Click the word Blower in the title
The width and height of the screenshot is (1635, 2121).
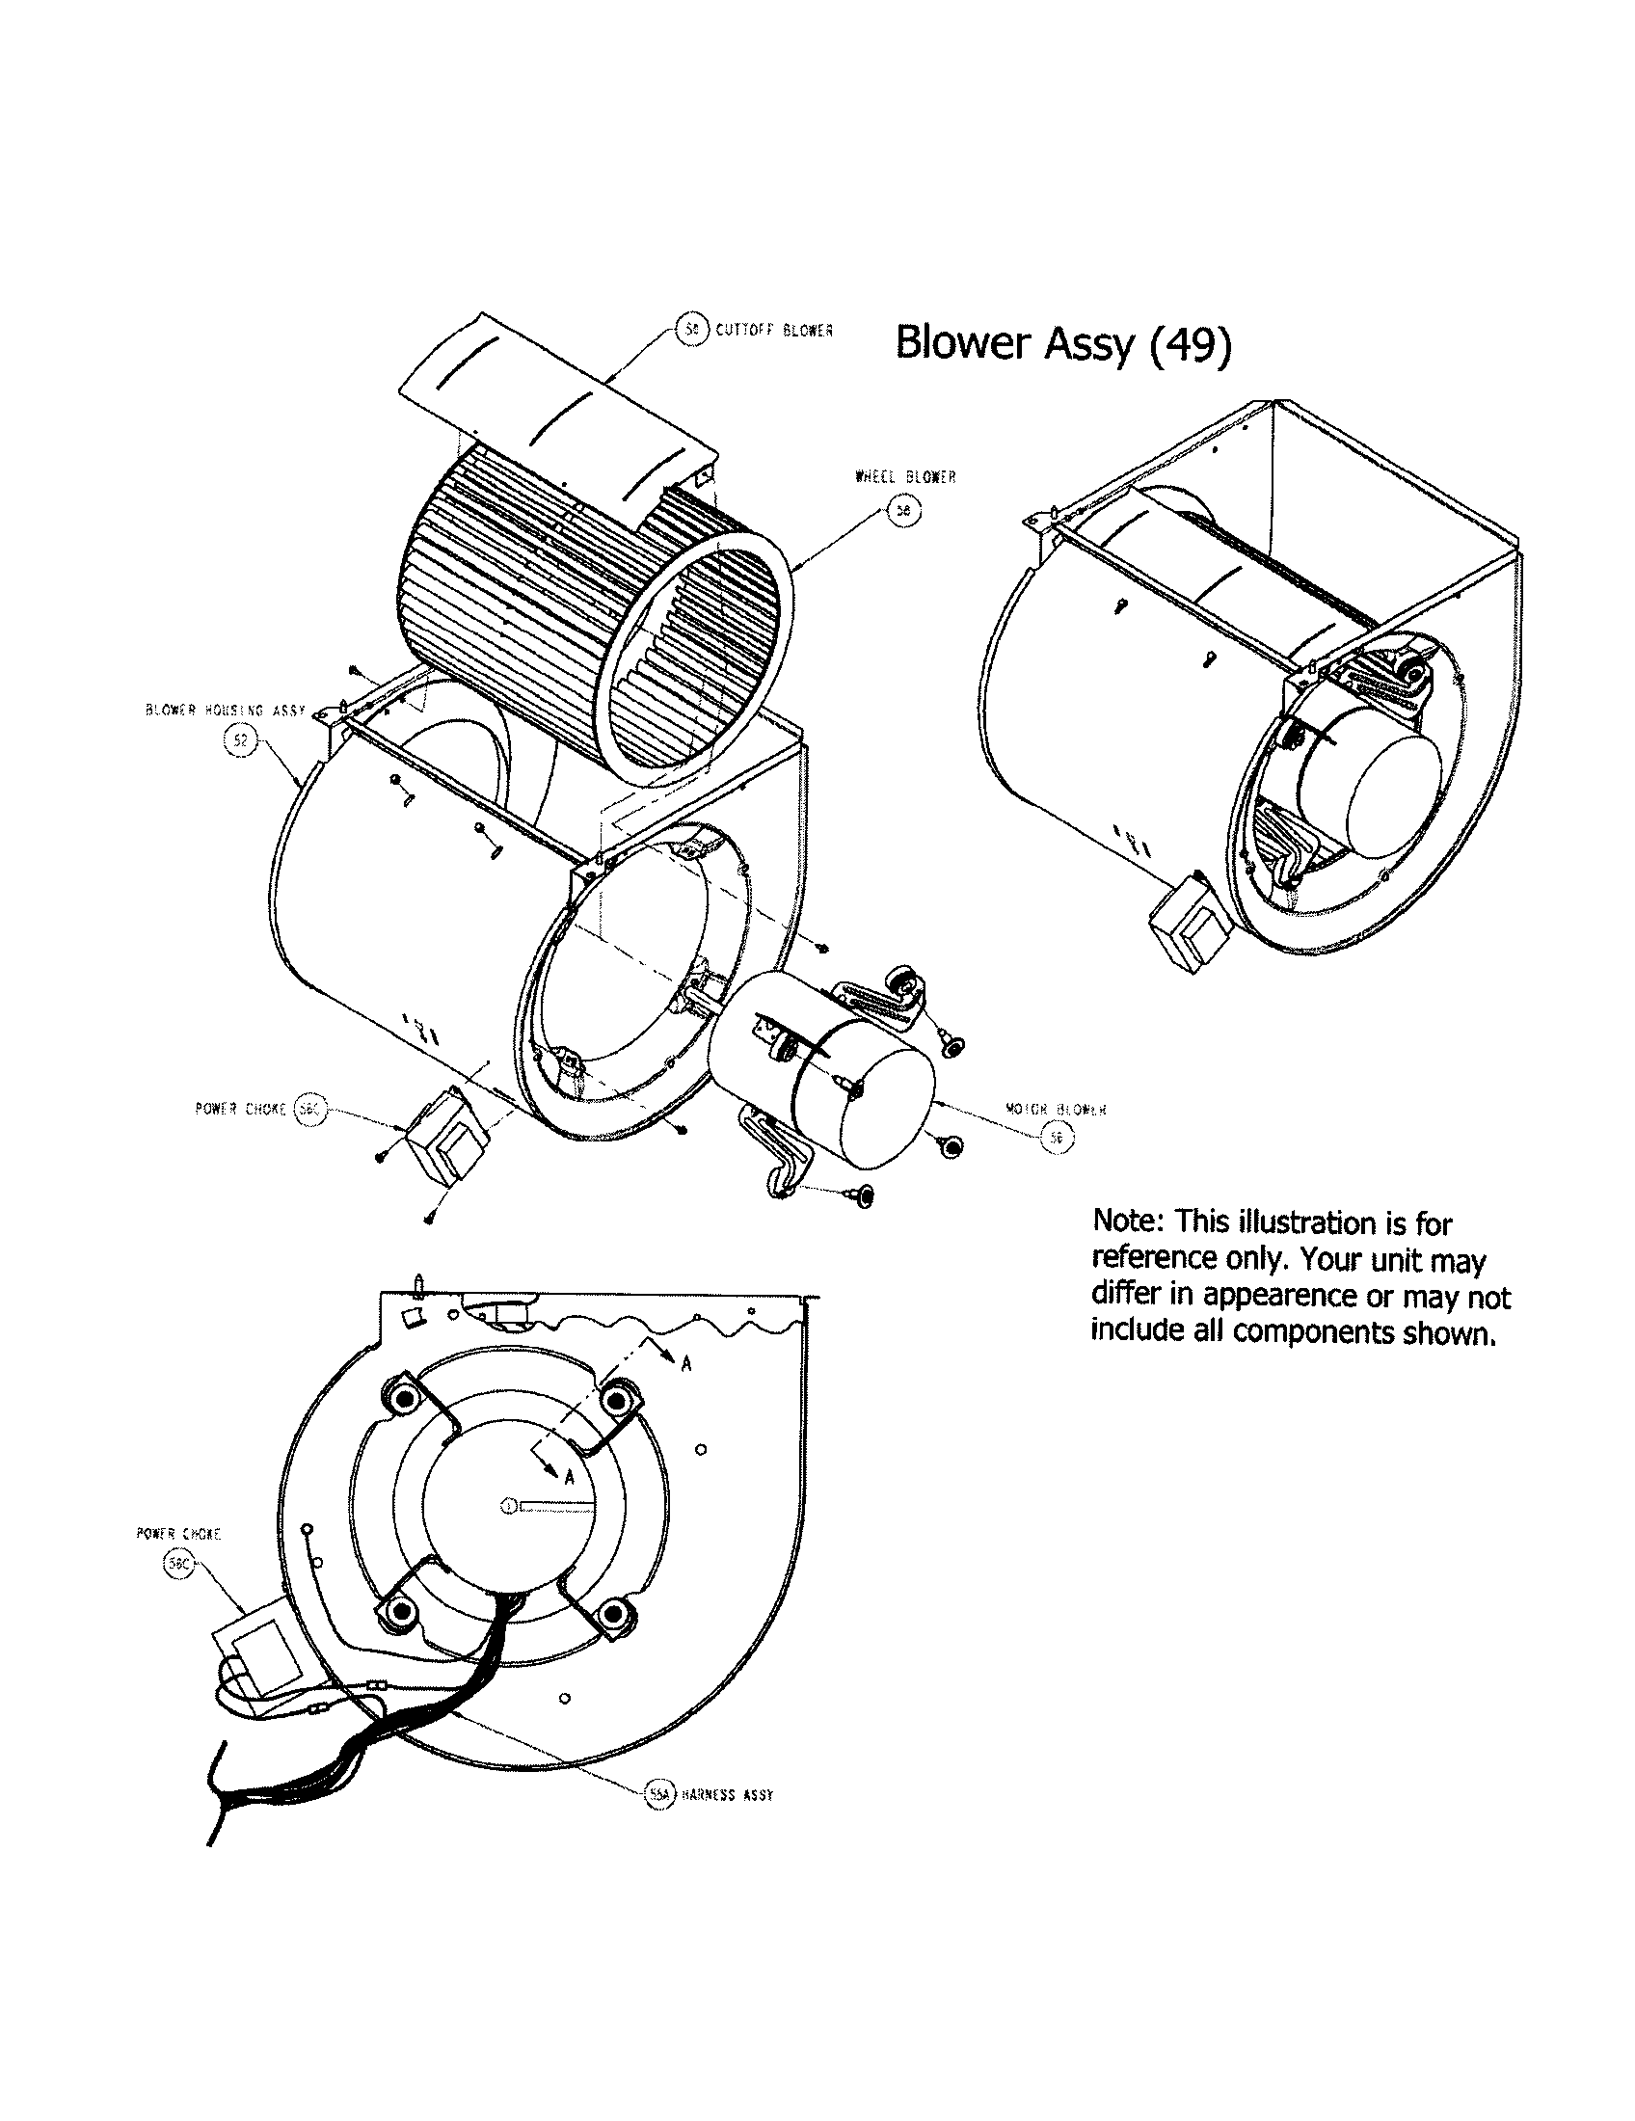(x=964, y=344)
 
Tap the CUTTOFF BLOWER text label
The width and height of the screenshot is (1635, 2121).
(x=774, y=329)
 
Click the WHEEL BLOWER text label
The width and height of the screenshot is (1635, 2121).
(x=905, y=477)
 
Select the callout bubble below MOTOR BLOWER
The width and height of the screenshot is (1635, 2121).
(x=1056, y=1139)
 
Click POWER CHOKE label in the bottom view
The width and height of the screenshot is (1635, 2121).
(x=178, y=1535)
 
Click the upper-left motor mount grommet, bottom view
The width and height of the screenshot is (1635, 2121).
(x=400, y=1400)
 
